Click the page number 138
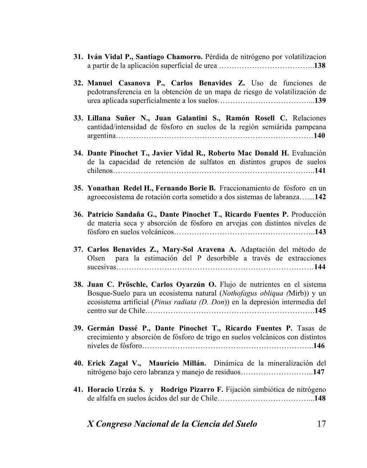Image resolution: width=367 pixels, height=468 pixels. coord(320,66)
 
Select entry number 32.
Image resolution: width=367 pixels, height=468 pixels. coord(78,83)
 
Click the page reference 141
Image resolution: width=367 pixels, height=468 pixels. coord(320,171)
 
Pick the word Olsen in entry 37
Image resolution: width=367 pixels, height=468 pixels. coord(96,258)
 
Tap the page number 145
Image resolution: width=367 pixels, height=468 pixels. coord(320,311)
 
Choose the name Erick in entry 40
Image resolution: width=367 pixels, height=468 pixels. coord(96,363)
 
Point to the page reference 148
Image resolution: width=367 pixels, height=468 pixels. coord(320,398)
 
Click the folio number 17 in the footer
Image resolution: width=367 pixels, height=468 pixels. coord(322,424)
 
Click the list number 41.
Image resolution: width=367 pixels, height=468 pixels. coord(78,389)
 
